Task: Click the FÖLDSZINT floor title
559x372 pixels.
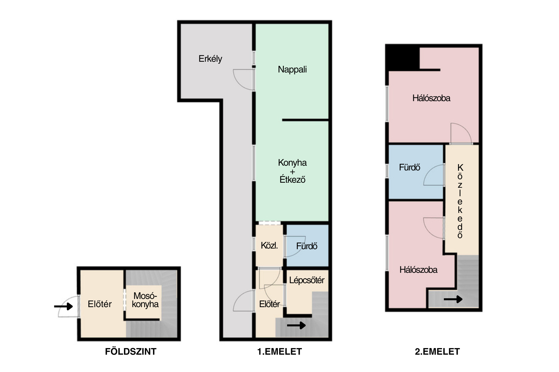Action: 131,352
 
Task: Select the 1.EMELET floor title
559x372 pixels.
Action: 279,352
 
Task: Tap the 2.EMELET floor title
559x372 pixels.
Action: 437,352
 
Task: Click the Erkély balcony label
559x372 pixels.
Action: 210,59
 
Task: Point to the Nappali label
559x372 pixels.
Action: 292,69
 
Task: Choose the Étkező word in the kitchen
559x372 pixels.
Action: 292,180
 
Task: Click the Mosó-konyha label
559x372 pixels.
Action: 145,300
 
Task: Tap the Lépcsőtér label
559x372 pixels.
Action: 307,280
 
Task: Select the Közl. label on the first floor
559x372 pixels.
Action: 269,245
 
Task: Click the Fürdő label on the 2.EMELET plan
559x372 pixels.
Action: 409,167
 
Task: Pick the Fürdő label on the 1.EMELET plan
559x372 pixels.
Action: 307,246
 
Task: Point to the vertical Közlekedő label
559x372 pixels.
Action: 460,201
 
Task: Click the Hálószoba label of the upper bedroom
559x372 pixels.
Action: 431,98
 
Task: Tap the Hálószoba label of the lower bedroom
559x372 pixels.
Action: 418,270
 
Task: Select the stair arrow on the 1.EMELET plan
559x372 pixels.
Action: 296,325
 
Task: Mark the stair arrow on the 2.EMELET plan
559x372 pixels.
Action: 453,299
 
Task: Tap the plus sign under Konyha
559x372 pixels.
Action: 292,172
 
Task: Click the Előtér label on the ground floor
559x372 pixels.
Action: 100,304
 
